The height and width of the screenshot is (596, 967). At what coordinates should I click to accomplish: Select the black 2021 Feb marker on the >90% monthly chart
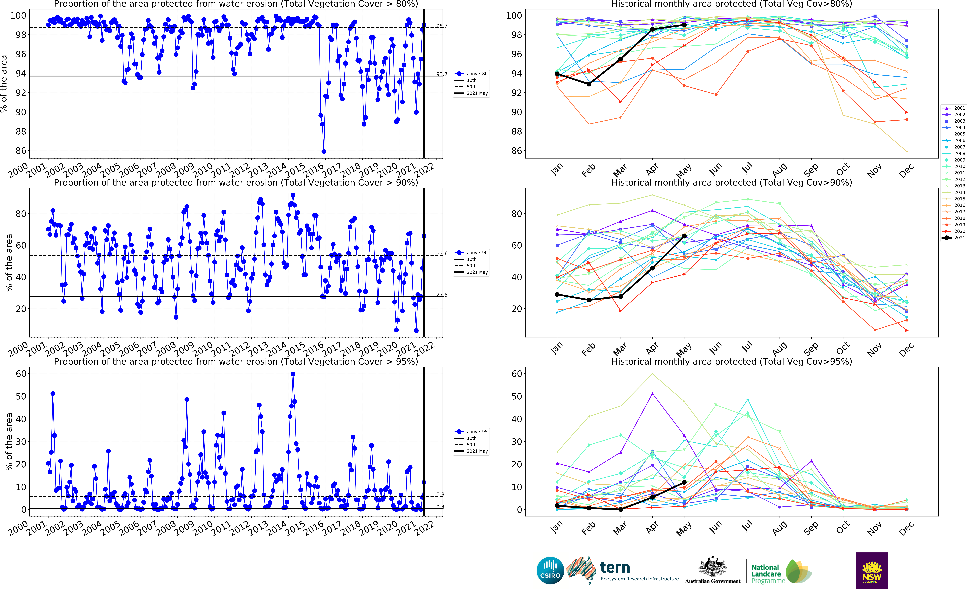[x=589, y=300]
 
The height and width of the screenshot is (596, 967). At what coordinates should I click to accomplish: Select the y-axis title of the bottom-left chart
[x=9, y=442]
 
